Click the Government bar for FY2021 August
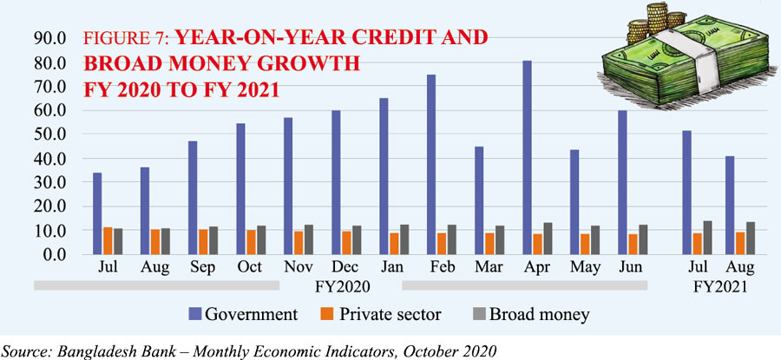tap(730, 205)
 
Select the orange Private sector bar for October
tap(252, 242)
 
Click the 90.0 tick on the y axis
tap(49, 39)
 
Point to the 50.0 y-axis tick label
tap(49, 135)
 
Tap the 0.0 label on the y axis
tap(53, 255)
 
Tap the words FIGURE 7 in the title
tap(125, 37)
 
